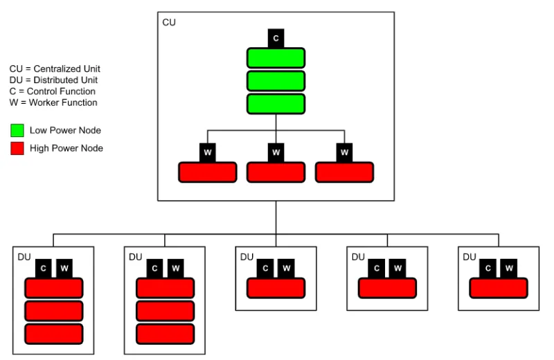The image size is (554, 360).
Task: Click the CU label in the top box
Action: pyautogui.click(x=169, y=23)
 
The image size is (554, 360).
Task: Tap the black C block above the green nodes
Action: pyautogui.click(x=276, y=38)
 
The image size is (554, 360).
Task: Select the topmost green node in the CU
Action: pyautogui.click(x=276, y=58)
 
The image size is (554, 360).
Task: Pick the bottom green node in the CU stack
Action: pyautogui.click(x=276, y=103)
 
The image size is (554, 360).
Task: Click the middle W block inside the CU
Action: pyautogui.click(x=276, y=152)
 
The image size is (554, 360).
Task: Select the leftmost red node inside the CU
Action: pyautogui.click(x=208, y=172)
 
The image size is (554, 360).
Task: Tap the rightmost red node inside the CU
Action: pyautogui.click(x=344, y=172)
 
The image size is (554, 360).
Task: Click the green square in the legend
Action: pyautogui.click(x=17, y=130)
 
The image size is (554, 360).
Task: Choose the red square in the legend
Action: pyautogui.click(x=17, y=147)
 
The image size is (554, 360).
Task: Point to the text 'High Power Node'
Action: pyautogui.click(x=66, y=147)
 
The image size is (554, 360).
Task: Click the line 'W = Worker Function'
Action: pyautogui.click(x=53, y=102)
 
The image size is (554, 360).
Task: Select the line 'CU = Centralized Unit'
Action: pyautogui.click(x=55, y=69)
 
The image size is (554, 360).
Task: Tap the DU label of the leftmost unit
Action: pyautogui.click(x=24, y=257)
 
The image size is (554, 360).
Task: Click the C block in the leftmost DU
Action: pyautogui.click(x=44, y=268)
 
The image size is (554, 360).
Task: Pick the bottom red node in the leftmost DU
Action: pyautogui.click(x=54, y=334)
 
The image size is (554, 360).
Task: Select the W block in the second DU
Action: pyautogui.click(x=175, y=268)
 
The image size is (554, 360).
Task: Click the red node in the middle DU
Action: pyautogui.click(x=276, y=287)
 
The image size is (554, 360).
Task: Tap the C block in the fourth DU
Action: pyautogui.click(x=377, y=268)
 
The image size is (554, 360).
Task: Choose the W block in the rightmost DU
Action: pyautogui.click(x=509, y=268)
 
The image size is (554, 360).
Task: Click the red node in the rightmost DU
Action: pyautogui.click(x=499, y=287)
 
